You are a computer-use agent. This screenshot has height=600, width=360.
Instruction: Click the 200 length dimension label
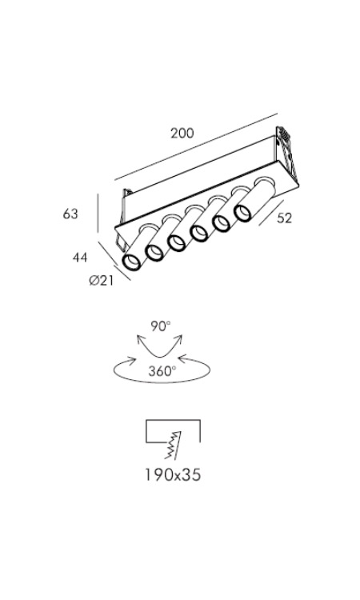(182, 133)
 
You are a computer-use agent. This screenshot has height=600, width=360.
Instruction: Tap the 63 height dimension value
(70, 214)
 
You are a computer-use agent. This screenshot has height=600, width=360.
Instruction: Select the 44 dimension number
(80, 258)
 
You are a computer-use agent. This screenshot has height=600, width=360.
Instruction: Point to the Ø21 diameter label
(102, 281)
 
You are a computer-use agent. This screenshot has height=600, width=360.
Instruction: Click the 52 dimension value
(284, 218)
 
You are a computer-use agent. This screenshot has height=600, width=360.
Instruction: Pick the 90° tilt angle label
(160, 326)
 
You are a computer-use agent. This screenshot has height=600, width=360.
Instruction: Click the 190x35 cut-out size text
(173, 475)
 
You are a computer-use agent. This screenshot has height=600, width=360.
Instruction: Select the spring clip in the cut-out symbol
(173, 445)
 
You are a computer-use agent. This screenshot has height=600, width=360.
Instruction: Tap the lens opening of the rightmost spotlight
(243, 213)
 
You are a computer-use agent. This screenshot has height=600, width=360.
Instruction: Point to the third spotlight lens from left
(177, 242)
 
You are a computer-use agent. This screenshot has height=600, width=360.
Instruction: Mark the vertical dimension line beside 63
(98, 213)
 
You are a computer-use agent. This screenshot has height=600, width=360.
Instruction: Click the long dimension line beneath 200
(196, 146)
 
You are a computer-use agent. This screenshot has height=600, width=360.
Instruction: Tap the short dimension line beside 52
(271, 213)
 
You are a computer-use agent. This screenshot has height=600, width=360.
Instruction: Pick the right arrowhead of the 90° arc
(178, 339)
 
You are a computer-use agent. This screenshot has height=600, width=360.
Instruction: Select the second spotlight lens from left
(154, 252)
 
